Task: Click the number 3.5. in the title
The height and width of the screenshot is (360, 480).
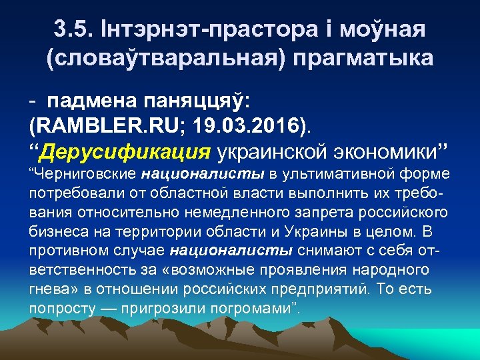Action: pos(71,31)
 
